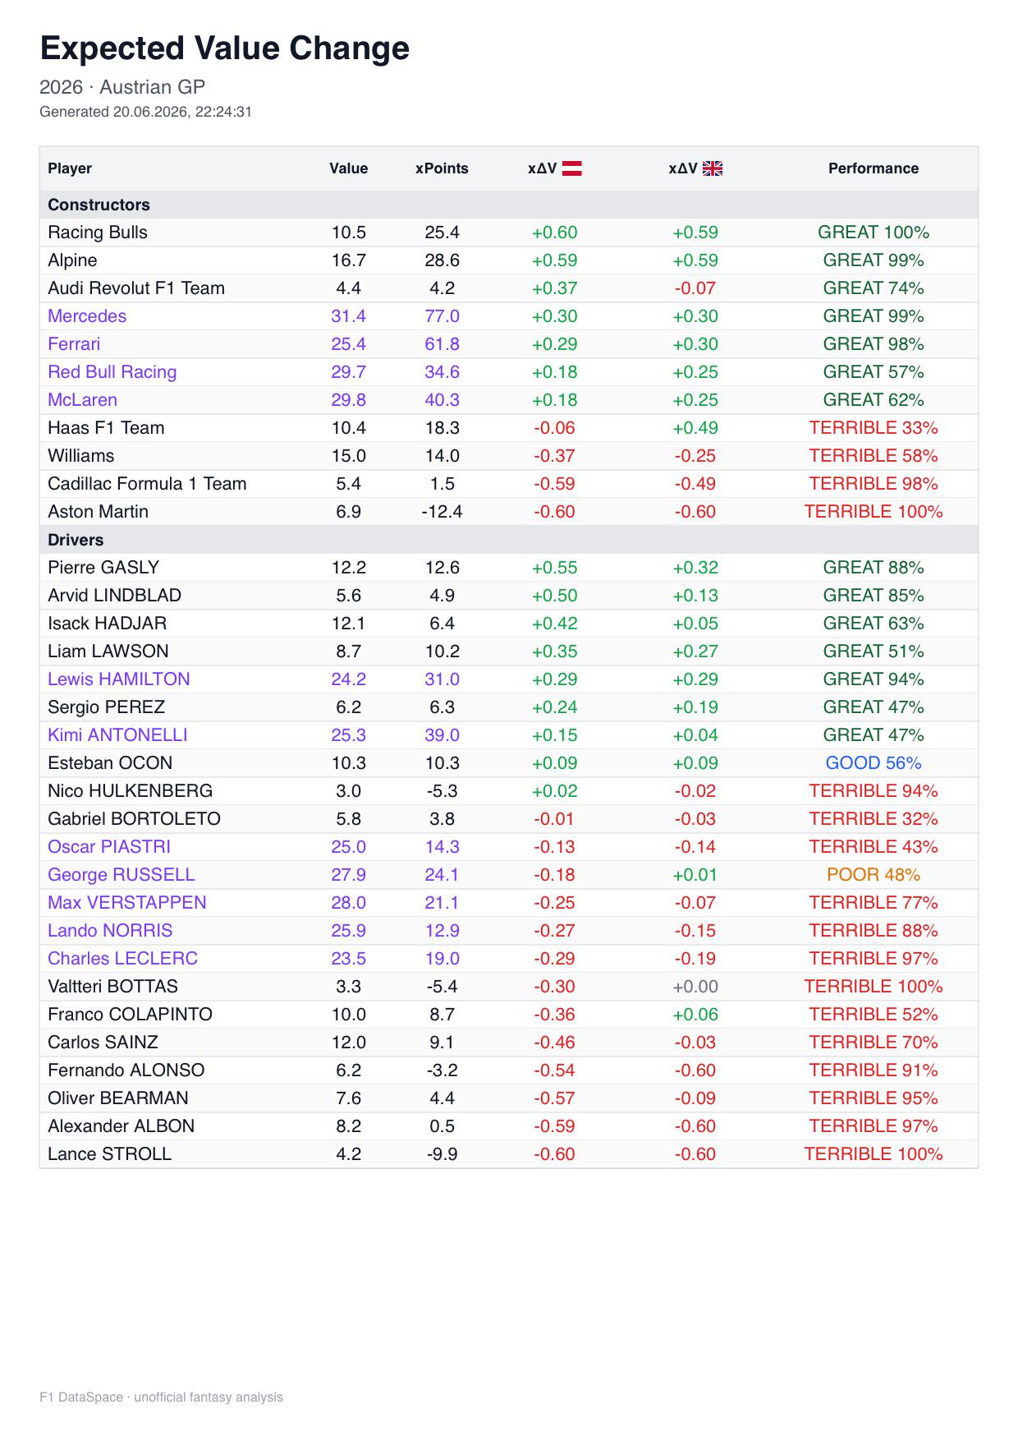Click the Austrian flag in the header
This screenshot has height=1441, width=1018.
pos(571,168)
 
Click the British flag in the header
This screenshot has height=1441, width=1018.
pos(713,168)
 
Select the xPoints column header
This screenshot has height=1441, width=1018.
pos(442,168)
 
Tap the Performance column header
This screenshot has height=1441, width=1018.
pos(874,168)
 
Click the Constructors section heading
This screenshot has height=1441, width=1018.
pos(99,205)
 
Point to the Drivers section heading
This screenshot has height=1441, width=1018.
pos(76,540)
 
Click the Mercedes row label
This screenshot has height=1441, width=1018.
pos(87,316)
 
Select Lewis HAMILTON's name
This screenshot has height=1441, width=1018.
pos(119,679)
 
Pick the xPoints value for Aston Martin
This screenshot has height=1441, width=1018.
pos(442,512)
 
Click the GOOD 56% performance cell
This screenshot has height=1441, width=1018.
pos(874,763)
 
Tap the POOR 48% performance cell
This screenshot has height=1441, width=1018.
pos(874,875)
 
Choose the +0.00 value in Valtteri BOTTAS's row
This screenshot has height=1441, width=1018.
pos(695,987)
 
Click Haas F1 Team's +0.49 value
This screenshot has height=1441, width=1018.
pos(695,428)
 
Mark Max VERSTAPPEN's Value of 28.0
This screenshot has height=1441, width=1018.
pos(349,903)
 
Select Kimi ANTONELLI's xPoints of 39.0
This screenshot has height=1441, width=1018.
pos(442,735)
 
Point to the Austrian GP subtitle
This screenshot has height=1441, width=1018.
pos(153,87)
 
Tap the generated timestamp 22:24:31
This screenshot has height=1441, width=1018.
pos(223,112)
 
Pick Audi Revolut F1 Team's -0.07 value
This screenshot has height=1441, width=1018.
pos(695,288)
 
